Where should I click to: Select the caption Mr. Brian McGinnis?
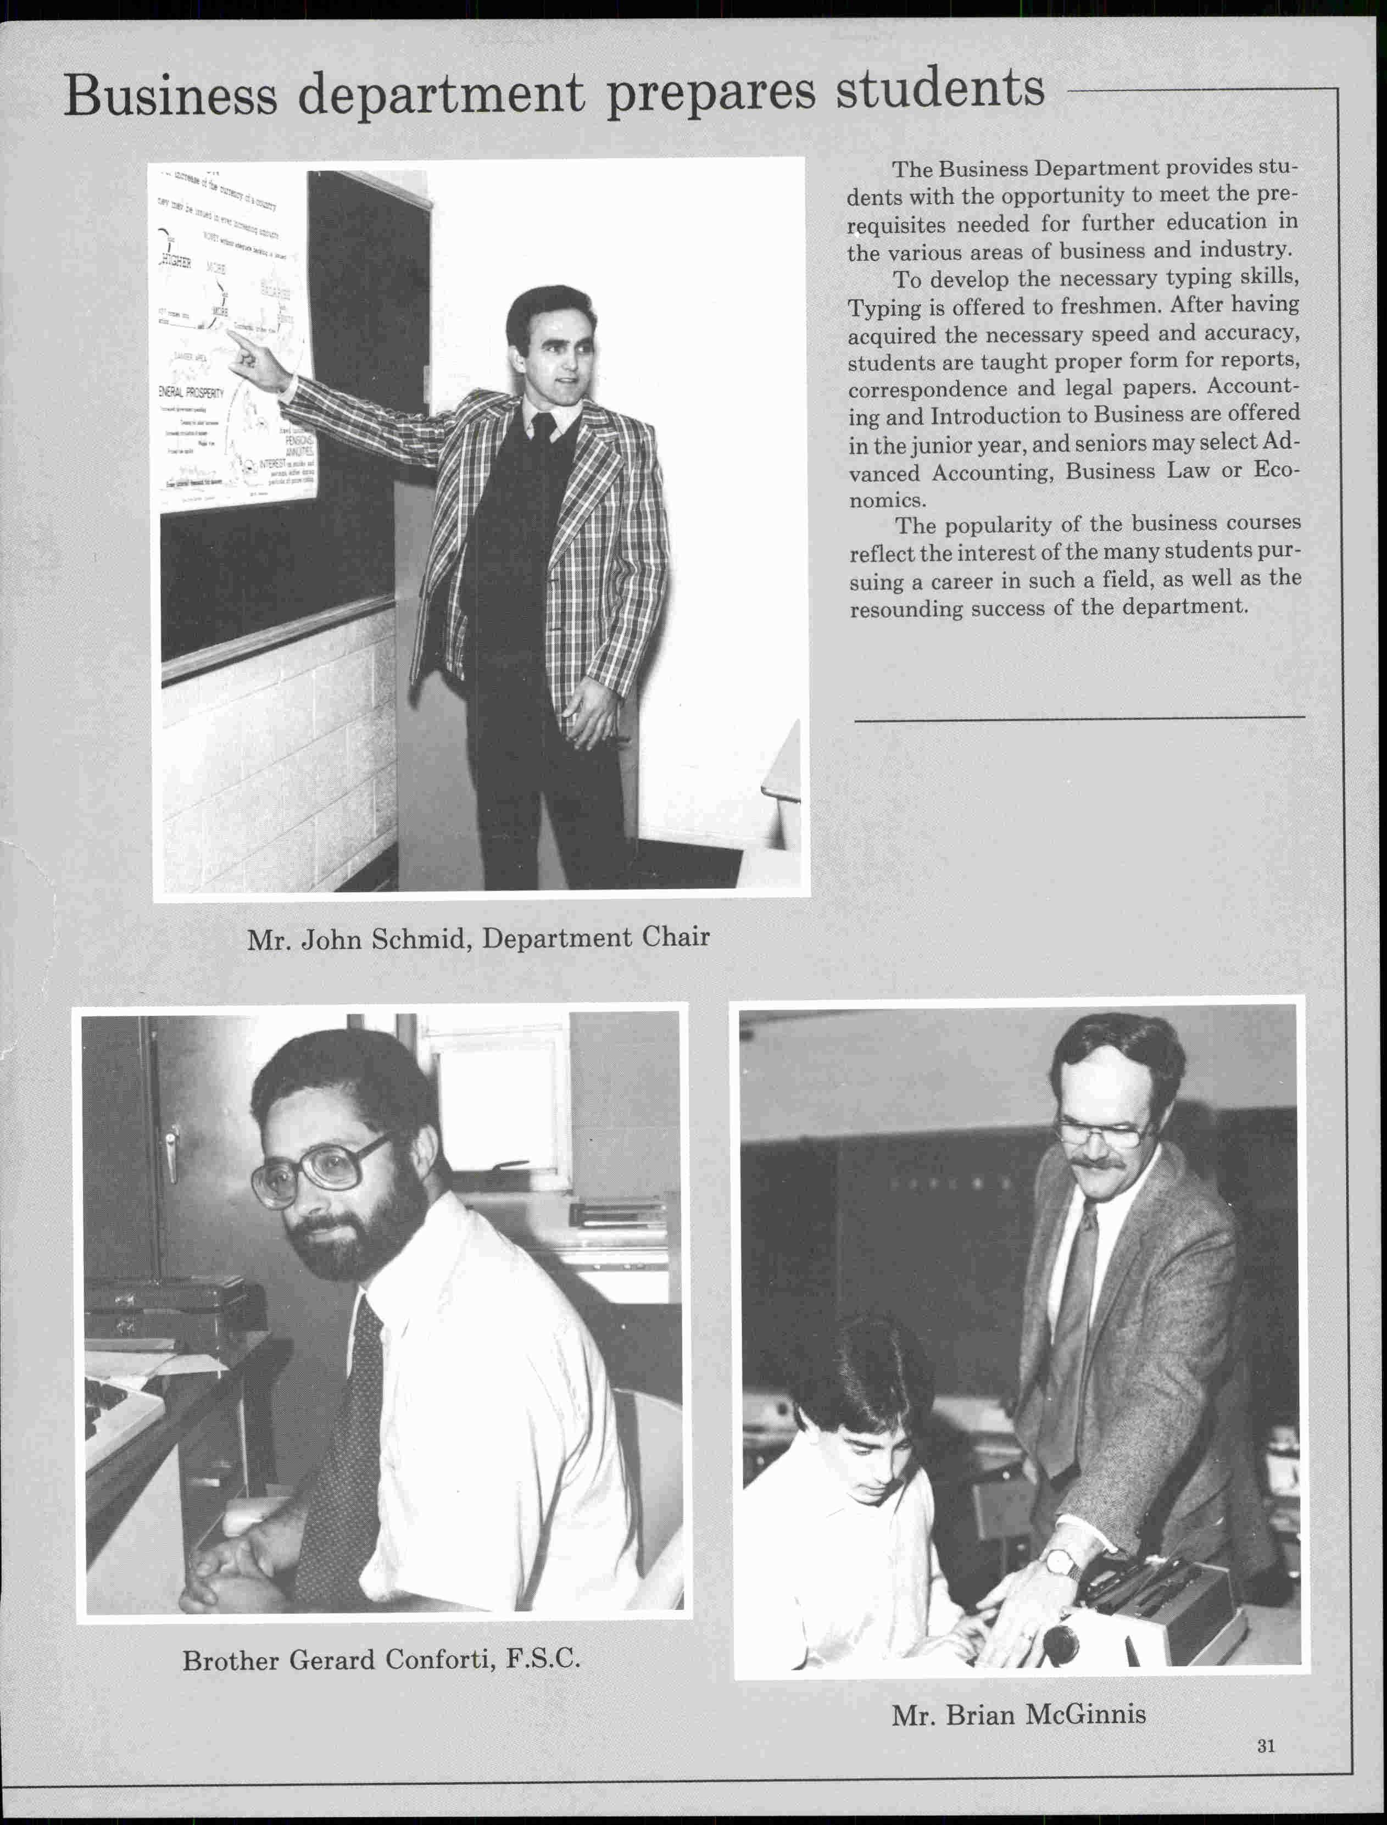coord(1018,1715)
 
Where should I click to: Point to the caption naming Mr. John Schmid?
coord(478,938)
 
